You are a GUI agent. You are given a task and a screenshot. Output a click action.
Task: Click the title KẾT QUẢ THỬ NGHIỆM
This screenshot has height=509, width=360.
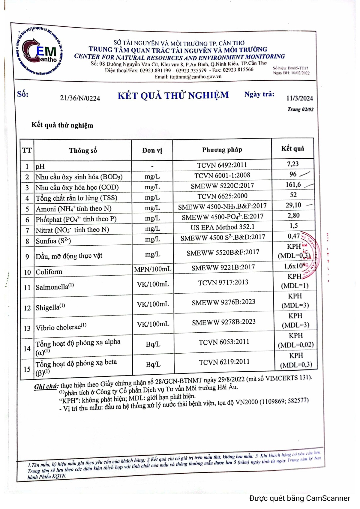pyautogui.click(x=173, y=95)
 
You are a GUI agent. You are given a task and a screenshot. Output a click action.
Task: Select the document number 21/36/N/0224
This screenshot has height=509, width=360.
pyautogui.click(x=80, y=98)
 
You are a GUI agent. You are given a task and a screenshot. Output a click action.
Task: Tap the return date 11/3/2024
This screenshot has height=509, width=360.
pyautogui.click(x=299, y=98)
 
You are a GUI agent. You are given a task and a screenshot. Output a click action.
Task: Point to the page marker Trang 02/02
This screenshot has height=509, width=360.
pyautogui.click(x=300, y=109)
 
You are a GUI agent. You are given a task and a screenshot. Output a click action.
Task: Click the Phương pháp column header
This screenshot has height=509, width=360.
pyautogui.click(x=222, y=150)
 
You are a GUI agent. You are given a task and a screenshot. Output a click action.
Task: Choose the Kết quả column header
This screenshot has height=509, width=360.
pyautogui.click(x=292, y=148)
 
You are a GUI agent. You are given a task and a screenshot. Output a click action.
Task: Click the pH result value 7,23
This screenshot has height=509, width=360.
pyautogui.click(x=293, y=164)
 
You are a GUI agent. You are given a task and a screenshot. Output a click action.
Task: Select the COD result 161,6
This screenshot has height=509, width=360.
pyautogui.click(x=293, y=184)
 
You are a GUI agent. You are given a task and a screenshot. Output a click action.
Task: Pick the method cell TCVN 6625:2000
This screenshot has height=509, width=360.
pyautogui.click(x=222, y=196)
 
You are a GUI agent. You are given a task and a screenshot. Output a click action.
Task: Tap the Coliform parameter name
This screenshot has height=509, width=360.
pyautogui.click(x=49, y=272)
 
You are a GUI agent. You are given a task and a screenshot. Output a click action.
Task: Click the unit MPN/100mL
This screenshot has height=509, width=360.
pyautogui.click(x=153, y=269)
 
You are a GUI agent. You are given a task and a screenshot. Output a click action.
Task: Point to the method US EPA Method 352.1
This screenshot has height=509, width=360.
pyautogui.click(x=222, y=227)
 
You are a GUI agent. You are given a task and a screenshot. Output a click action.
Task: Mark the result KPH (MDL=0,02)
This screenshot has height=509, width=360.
pyautogui.click(x=296, y=340)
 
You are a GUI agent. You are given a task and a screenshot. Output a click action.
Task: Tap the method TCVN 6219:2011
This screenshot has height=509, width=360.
pyautogui.click(x=224, y=362)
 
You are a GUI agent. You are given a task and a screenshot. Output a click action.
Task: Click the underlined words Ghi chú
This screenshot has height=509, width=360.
pyautogui.click(x=46, y=386)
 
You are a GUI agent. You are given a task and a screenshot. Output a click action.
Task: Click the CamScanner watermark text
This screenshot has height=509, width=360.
pyautogui.click(x=299, y=498)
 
